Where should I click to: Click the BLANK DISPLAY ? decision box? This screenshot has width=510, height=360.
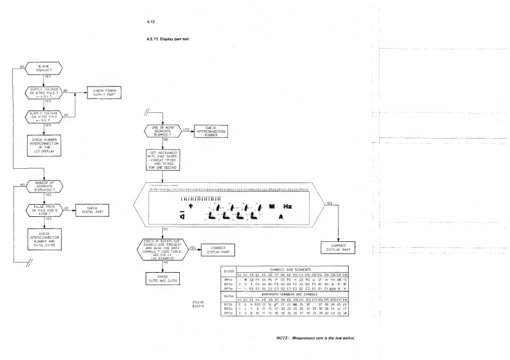pos(44,68)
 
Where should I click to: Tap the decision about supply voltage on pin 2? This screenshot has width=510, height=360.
pos(44,92)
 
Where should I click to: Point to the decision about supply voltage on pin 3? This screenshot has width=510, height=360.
pos(44,116)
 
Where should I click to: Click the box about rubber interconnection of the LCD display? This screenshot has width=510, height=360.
pos(44,144)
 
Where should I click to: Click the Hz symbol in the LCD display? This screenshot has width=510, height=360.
pos(288,207)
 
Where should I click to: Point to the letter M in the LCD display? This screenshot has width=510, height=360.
pos(272,207)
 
